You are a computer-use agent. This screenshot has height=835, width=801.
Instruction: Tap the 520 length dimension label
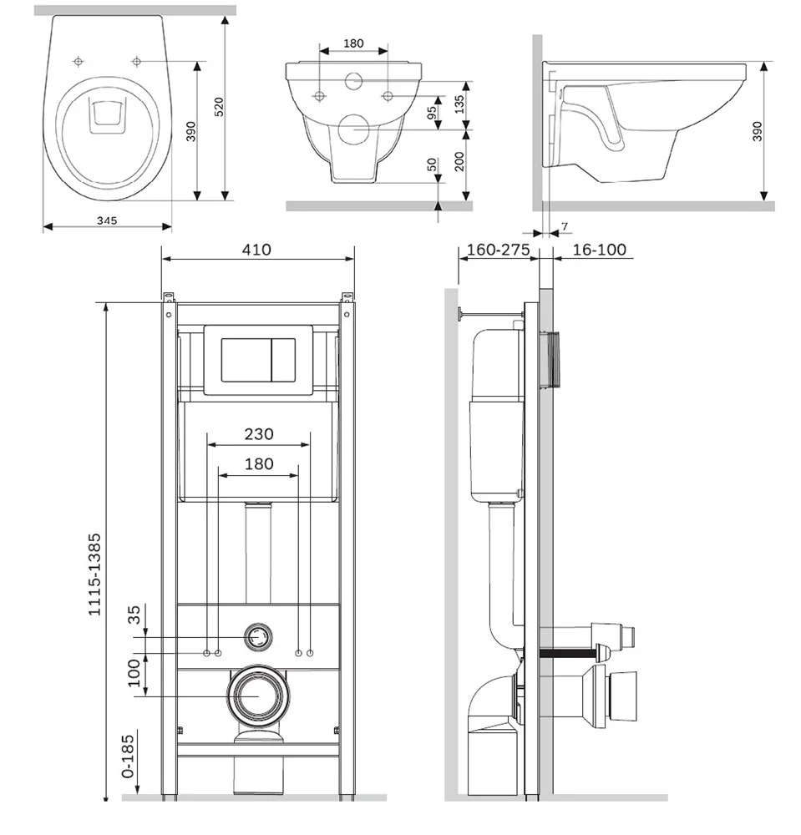tap(219, 106)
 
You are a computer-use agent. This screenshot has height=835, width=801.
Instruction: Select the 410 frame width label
tap(256, 250)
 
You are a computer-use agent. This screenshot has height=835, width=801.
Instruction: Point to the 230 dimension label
tap(259, 434)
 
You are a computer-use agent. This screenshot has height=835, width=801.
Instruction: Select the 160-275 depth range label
tap(496, 250)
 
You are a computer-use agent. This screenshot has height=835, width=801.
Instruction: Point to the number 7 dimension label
tap(565, 226)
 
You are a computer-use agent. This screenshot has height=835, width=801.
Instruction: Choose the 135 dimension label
tap(459, 104)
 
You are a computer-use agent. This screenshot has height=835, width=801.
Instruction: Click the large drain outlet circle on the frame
tap(258, 695)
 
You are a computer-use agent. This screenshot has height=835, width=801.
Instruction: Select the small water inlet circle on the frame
tap(259, 637)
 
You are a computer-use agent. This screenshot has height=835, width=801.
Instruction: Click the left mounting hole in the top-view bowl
tap(79, 62)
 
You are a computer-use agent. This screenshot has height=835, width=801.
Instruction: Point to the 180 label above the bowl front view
tap(353, 43)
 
